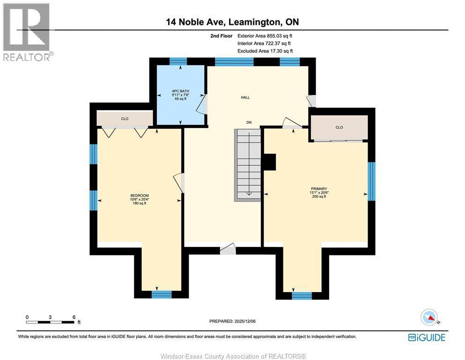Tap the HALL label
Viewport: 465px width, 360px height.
pyautogui.click(x=245, y=97)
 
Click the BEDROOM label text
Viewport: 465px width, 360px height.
pyautogui.click(x=140, y=195)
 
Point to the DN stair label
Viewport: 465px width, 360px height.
pyautogui.click(x=250, y=122)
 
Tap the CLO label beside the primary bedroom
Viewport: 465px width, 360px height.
pyautogui.click(x=339, y=127)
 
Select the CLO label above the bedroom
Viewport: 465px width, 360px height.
pyautogui.click(x=125, y=119)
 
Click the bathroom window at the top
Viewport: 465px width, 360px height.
pyautogui.click(x=178, y=61)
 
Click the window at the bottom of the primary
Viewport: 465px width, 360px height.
pyautogui.click(x=302, y=295)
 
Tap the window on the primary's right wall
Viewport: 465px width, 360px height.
pyautogui.click(x=371, y=181)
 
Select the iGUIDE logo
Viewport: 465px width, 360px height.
pyautogui.click(x=427, y=337)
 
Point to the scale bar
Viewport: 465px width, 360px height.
pyautogui.click(x=51, y=322)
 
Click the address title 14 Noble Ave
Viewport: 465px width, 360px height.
pyautogui.click(x=232, y=22)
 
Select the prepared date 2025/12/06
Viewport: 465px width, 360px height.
pyautogui.click(x=232, y=321)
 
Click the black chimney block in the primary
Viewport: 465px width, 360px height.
pyautogui.click(x=270, y=162)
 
